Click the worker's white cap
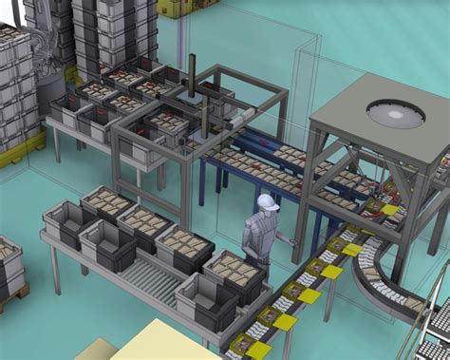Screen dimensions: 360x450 tap(268, 201)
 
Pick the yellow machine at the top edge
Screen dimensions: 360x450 tap(177, 8)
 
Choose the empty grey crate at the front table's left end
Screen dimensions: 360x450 tap(66, 219)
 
